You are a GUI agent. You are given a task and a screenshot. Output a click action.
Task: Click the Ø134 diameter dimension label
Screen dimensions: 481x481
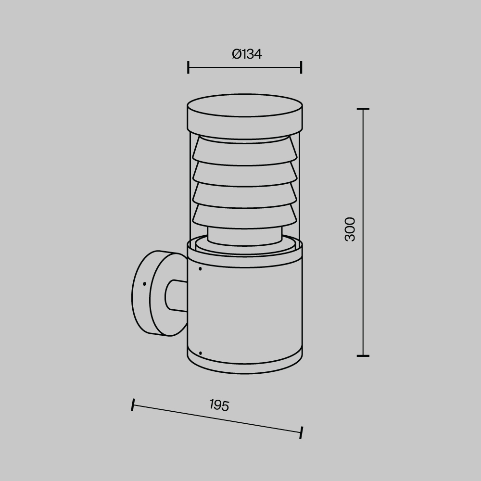point(247,54)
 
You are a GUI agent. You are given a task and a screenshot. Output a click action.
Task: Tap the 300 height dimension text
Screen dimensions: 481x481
point(350,229)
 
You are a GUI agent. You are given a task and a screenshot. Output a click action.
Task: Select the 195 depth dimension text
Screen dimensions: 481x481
point(219,405)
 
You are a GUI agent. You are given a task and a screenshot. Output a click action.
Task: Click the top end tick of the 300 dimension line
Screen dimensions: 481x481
point(363,109)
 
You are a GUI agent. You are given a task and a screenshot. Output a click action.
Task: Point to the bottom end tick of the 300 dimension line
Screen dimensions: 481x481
point(363,356)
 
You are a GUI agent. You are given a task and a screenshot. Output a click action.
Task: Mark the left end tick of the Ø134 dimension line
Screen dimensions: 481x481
point(188,67)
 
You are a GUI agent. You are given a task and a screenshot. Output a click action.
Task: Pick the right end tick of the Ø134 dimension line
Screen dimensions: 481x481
point(301,67)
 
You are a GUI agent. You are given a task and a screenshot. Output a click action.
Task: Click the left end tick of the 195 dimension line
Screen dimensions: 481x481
point(132,405)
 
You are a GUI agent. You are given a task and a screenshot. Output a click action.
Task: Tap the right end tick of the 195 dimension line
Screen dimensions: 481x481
point(302,432)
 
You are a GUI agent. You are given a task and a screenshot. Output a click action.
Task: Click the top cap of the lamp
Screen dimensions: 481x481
point(245,115)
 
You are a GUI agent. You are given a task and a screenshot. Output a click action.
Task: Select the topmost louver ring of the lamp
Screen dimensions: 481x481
point(245,151)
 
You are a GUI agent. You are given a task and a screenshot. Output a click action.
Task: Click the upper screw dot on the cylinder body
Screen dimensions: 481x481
point(200,269)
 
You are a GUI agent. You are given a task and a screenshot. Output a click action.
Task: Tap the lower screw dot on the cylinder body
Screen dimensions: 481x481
point(200,354)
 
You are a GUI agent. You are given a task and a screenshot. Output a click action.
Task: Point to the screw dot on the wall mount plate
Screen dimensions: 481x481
point(144,284)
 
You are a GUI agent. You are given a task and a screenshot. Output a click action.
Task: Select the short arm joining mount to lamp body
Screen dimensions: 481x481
point(177,295)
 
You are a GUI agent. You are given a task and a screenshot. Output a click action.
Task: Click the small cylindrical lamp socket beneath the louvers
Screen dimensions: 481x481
point(245,236)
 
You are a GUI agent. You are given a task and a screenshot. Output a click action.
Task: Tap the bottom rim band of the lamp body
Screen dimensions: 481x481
point(245,363)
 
